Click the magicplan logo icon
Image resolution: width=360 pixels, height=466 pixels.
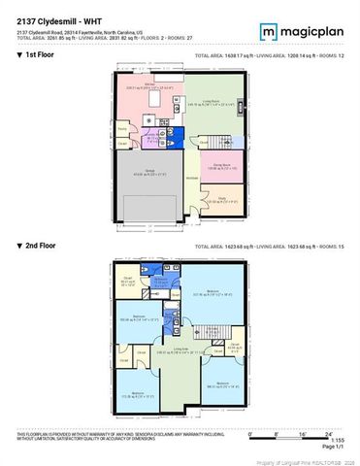click(268, 32)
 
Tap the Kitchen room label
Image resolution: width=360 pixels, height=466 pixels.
click(151, 85)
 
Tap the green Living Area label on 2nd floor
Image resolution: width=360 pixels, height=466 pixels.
click(180, 350)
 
